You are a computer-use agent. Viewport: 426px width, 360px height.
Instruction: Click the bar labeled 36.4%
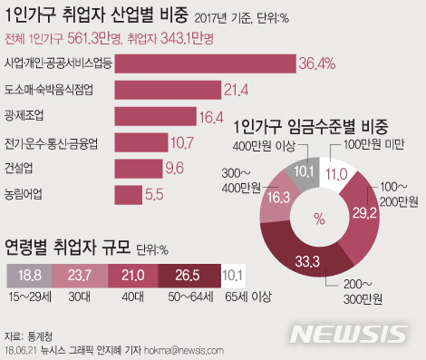206,63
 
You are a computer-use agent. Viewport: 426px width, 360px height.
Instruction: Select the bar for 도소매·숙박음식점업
169,89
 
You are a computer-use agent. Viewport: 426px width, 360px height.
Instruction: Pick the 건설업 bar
138,168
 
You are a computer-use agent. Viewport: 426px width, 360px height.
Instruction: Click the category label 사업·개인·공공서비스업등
58,63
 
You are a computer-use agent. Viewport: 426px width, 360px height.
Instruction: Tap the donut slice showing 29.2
363,215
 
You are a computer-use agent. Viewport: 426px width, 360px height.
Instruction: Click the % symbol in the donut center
318,218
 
